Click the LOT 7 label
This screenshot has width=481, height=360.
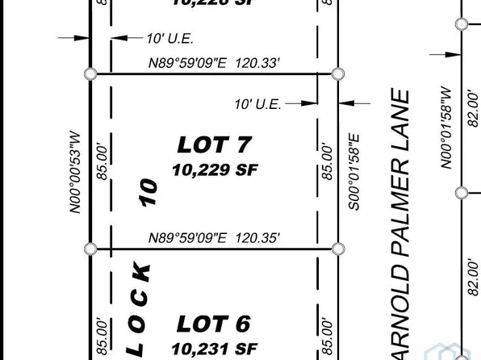pyautogui.click(x=215, y=145)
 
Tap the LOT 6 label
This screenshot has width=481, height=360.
pyautogui.click(x=214, y=324)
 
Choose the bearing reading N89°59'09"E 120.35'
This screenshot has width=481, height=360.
pyautogui.click(x=214, y=238)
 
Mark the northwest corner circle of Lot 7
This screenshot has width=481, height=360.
pyautogui.click(x=90, y=74)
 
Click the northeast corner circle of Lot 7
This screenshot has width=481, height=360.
pyautogui.click(x=337, y=74)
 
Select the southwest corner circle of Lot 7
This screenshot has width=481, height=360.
pyautogui.click(x=90, y=249)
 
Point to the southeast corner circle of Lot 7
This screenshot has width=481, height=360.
pyautogui.click(x=338, y=249)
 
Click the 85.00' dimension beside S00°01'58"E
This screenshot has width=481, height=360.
pyautogui.click(x=327, y=162)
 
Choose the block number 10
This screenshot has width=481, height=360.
pyautogui.click(x=147, y=192)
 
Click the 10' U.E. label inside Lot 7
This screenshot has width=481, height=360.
pyautogui.click(x=257, y=104)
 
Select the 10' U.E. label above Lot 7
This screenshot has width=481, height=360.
pyautogui.click(x=169, y=38)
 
